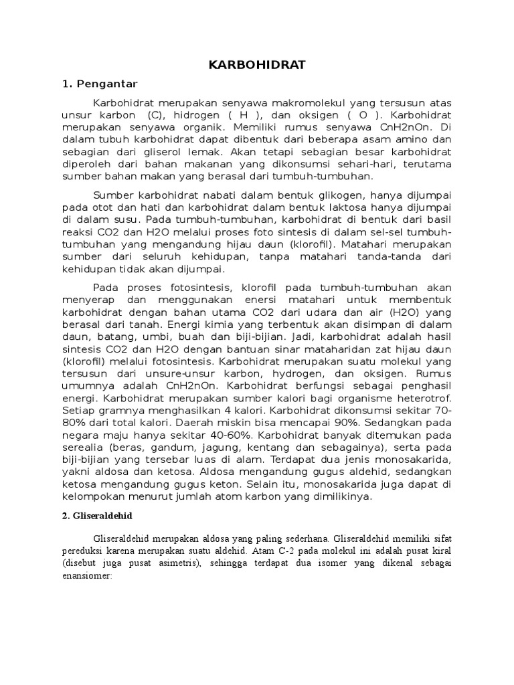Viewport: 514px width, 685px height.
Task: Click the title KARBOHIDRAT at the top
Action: [x=257, y=65]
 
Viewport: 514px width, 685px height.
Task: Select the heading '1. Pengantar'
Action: [x=99, y=84]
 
